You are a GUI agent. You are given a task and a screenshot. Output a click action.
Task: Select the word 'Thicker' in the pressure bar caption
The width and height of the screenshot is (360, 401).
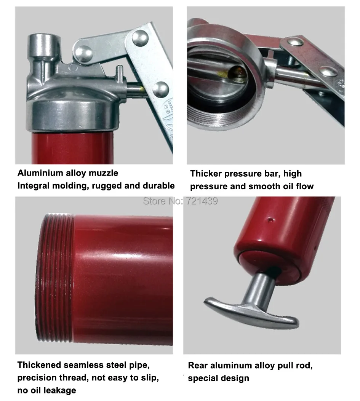point(206,174)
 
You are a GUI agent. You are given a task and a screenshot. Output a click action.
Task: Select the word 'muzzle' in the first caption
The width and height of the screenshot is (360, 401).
point(103,173)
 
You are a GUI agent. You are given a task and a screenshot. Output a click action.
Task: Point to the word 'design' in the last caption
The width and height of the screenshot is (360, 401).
point(234,378)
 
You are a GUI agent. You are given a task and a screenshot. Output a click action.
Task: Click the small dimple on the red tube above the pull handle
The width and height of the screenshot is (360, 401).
point(270,219)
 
